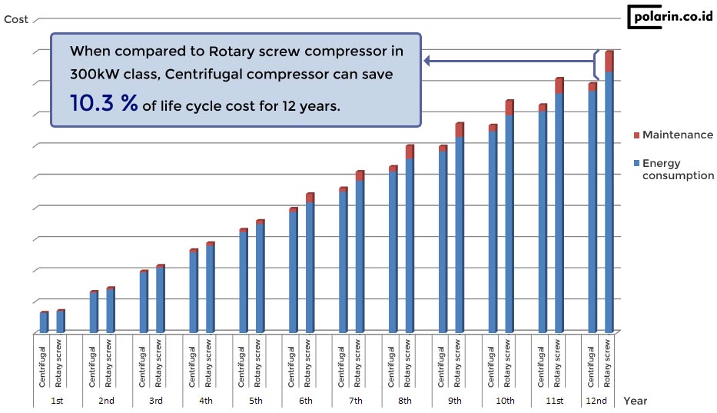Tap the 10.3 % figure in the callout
104,105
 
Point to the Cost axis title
16,19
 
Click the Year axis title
636,401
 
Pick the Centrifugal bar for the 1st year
44,322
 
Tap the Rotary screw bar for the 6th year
310,265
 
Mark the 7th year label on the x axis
355,401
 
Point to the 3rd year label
156,401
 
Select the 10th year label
505,401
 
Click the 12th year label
596,401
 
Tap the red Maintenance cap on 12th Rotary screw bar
609,62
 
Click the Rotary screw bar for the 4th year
210,288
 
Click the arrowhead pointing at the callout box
428,60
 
